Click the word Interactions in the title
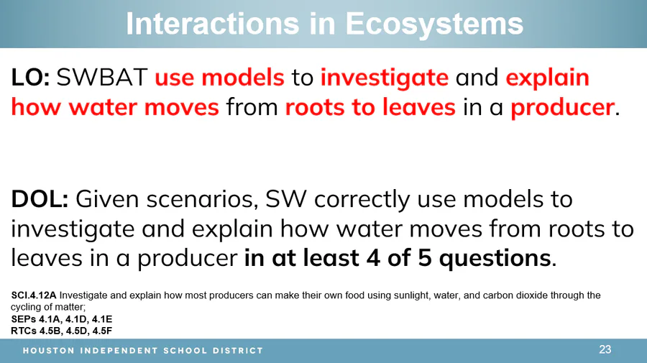pyautogui.click(x=213, y=24)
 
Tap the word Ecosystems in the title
pyautogui.click(x=434, y=24)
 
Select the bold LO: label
pyautogui.click(x=30, y=78)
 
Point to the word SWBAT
pyautogui.click(x=102, y=78)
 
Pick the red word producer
pyautogui.click(x=562, y=108)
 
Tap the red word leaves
pyautogui.click(x=419, y=107)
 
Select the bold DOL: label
pyautogui.click(x=40, y=199)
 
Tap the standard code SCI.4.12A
pyautogui.click(x=33, y=295)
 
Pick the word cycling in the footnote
pyautogui.click(x=24, y=308)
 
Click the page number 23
pyautogui.click(x=605, y=349)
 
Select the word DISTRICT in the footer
pyautogui.click(x=238, y=351)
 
